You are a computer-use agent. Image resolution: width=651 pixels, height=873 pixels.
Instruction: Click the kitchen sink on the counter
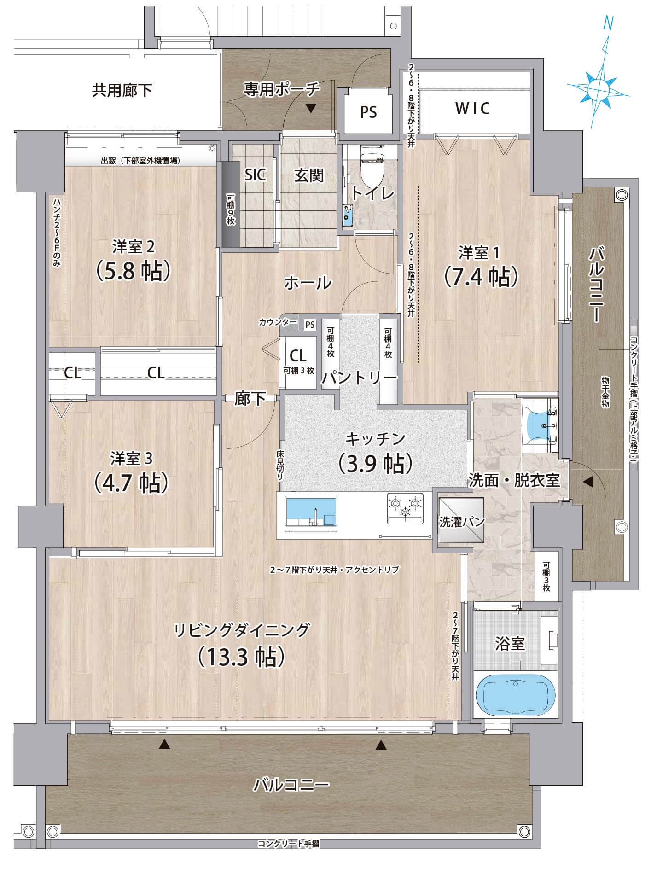(x=311, y=511)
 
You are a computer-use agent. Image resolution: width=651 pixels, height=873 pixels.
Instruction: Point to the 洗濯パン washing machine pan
(x=461, y=521)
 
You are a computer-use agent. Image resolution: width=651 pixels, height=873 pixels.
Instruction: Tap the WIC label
(x=472, y=109)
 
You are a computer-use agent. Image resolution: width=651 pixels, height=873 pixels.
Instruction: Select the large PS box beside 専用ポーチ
(x=368, y=112)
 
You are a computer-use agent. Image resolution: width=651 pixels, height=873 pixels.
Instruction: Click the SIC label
(x=256, y=175)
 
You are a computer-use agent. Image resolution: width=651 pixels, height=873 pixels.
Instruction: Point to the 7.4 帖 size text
(x=481, y=277)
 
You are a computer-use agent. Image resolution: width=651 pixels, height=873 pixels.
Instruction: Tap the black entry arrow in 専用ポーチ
(x=311, y=108)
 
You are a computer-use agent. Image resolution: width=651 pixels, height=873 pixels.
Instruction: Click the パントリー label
(x=359, y=378)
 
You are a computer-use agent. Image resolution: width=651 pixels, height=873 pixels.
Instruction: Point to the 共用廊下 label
(x=122, y=90)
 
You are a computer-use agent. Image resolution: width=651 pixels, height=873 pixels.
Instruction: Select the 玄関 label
(x=309, y=175)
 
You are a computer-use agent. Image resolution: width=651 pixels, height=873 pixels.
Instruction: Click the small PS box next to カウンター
(x=310, y=325)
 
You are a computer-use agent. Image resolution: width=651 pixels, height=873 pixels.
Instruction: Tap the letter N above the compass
(x=609, y=23)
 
